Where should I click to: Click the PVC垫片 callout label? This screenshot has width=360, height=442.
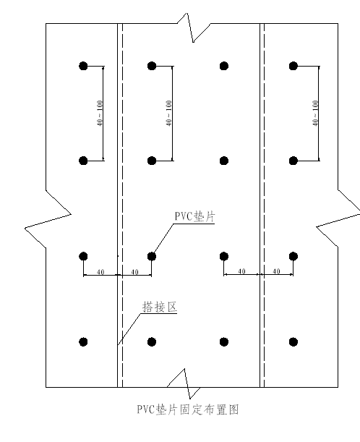194,216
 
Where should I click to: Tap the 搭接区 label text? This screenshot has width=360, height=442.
160,307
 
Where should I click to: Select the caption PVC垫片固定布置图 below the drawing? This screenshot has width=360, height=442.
188,409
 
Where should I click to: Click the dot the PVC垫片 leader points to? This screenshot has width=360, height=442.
152,256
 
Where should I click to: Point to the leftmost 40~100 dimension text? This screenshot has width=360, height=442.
100,114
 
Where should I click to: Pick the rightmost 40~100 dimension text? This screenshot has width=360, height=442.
315,114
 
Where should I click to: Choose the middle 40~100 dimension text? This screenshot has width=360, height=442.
168,114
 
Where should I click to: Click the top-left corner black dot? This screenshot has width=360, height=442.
83,66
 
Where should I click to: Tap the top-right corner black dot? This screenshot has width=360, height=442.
293,66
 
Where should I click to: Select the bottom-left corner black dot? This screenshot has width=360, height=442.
83,342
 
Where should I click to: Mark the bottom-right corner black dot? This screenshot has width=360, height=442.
293,342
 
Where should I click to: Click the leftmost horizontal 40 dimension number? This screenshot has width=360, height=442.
100,272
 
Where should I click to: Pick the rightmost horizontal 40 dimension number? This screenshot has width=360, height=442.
277,271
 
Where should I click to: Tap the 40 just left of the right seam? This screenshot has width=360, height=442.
242,271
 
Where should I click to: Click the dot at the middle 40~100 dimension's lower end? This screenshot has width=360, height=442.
152,161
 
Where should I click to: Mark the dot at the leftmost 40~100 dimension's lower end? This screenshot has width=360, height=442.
83,161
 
